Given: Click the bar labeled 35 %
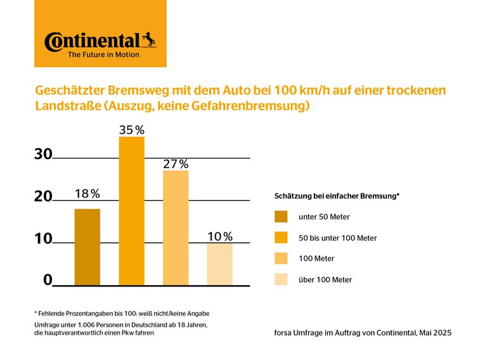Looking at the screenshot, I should click(x=131, y=211).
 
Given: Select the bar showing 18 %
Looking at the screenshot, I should click(x=87, y=247).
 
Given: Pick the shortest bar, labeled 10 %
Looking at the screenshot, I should click(x=220, y=264).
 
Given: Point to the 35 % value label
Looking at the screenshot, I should click(x=131, y=130).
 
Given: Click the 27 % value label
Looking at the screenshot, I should click(x=176, y=164).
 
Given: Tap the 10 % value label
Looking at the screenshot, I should click(x=220, y=236).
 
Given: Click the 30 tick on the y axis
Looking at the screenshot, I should click(x=43, y=153).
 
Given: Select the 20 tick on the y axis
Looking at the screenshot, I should click(x=43, y=196).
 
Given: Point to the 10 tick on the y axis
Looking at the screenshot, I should click(x=43, y=239).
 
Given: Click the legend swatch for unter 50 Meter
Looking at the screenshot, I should click(x=281, y=217).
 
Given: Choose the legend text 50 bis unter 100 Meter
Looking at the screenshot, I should click(x=337, y=238).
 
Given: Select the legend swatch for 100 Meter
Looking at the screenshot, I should click(x=281, y=259).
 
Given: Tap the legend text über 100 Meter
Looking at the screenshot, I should click(x=325, y=280).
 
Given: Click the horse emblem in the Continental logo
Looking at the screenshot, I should click(x=148, y=40).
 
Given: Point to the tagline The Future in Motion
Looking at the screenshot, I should click(x=103, y=55).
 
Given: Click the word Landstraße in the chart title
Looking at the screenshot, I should click(x=63, y=106).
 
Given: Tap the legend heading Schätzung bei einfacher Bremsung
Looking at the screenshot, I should click(x=336, y=196).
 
